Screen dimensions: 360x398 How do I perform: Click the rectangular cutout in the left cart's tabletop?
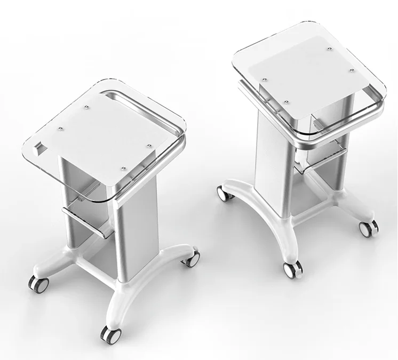[x=39, y=145]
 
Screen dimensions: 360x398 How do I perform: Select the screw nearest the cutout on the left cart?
[x=60, y=128]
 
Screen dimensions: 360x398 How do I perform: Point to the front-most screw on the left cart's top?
[x=123, y=169]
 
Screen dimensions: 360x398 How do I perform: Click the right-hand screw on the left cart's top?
[x=148, y=144]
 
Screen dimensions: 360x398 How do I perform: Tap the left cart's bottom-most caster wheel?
[x=110, y=335]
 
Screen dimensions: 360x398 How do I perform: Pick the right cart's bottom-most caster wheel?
[x=291, y=270]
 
